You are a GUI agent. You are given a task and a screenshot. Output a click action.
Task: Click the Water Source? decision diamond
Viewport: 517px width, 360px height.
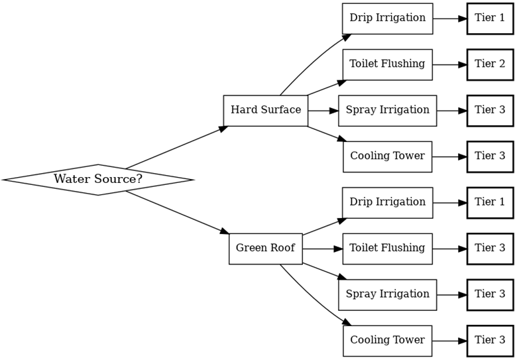click(98, 180)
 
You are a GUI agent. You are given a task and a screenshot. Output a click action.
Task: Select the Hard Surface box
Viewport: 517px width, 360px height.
click(266, 110)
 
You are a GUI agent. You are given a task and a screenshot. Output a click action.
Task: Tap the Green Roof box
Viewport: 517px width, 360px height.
click(266, 249)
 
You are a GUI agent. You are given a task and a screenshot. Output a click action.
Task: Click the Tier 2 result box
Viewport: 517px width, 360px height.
click(490, 64)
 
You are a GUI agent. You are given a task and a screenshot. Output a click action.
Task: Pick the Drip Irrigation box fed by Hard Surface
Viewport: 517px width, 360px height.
click(387, 19)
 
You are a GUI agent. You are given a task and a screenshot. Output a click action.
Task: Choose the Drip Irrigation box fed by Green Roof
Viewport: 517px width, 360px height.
click(387, 202)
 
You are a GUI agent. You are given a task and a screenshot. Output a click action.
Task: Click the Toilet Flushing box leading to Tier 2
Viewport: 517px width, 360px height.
click(387, 64)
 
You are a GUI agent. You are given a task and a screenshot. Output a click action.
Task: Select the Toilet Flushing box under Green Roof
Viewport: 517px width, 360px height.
click(387, 249)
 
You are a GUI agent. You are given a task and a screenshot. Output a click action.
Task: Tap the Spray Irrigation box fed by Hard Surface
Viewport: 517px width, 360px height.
click(387, 110)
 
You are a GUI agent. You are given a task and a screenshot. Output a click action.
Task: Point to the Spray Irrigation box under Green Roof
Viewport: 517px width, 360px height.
click(387, 294)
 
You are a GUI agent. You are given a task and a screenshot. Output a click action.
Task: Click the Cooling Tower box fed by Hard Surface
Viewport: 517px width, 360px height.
click(387, 156)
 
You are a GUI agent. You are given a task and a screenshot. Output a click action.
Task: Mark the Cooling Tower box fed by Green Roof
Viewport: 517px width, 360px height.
click(387, 341)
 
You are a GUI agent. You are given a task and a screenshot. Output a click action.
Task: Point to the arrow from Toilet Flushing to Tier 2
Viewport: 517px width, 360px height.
click(449, 64)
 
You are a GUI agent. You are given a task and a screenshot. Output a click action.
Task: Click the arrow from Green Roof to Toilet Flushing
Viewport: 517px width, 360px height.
click(322, 249)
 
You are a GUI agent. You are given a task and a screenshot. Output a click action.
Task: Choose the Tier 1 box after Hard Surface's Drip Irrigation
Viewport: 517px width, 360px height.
click(490, 19)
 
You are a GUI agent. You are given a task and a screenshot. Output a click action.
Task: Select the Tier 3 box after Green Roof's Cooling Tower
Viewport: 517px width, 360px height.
click(490, 341)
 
